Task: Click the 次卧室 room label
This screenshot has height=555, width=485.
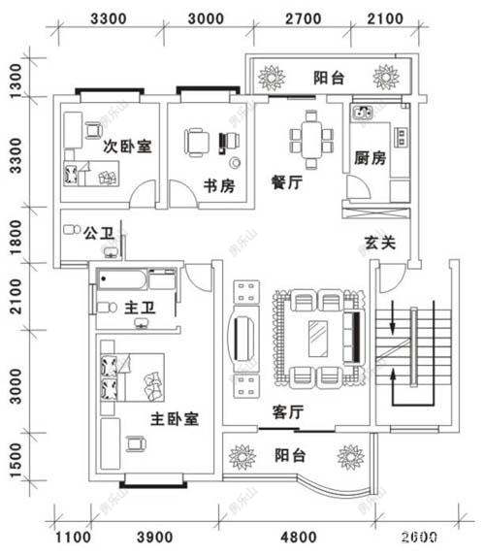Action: [127, 147]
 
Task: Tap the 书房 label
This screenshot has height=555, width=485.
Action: [216, 184]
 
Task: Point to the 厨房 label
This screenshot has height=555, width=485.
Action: [371, 158]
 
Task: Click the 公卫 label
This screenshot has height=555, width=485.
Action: [100, 232]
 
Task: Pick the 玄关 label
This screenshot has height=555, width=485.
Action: [379, 244]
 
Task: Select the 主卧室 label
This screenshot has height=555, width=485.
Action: [175, 419]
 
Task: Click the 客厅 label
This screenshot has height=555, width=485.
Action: [288, 411]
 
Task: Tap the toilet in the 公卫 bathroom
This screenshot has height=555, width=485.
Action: [71, 231]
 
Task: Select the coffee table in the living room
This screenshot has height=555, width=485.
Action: [317, 337]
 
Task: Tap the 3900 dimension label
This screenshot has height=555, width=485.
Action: [154, 537]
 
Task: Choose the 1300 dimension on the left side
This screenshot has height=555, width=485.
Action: [15, 78]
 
